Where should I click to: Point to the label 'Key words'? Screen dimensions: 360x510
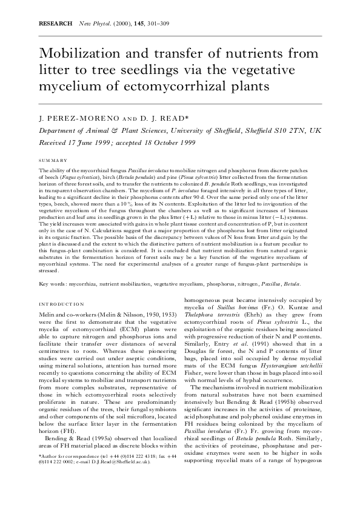[52, 284]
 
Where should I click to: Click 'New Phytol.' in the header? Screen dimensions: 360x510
[87, 22]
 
